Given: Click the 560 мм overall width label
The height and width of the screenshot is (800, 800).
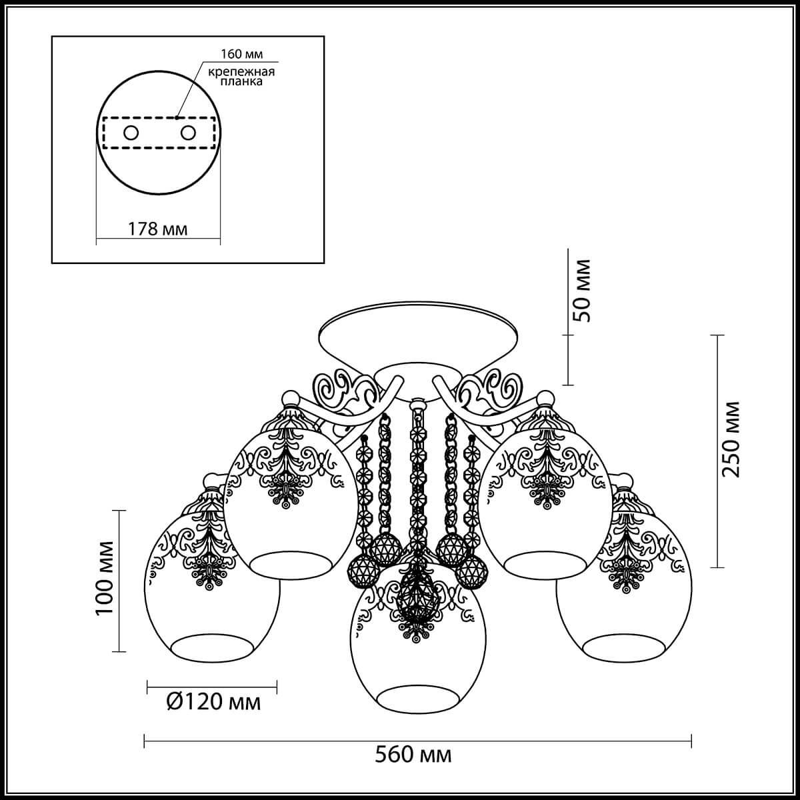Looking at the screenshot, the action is pyautogui.click(x=413, y=755).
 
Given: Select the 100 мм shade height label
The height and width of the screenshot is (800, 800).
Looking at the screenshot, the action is pyautogui.click(x=104, y=578).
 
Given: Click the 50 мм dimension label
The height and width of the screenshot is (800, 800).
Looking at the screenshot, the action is pyautogui.click(x=581, y=290).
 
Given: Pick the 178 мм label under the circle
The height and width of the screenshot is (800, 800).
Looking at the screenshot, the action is pyautogui.click(x=157, y=229).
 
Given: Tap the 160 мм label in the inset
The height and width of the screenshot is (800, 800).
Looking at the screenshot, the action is pyautogui.click(x=241, y=54).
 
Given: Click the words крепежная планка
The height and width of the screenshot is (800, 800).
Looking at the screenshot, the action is pyautogui.click(x=241, y=77).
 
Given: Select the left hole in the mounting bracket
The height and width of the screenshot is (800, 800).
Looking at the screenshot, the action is pyautogui.click(x=131, y=133).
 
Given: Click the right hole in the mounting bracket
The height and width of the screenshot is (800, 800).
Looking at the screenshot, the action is pyautogui.click(x=187, y=133).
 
